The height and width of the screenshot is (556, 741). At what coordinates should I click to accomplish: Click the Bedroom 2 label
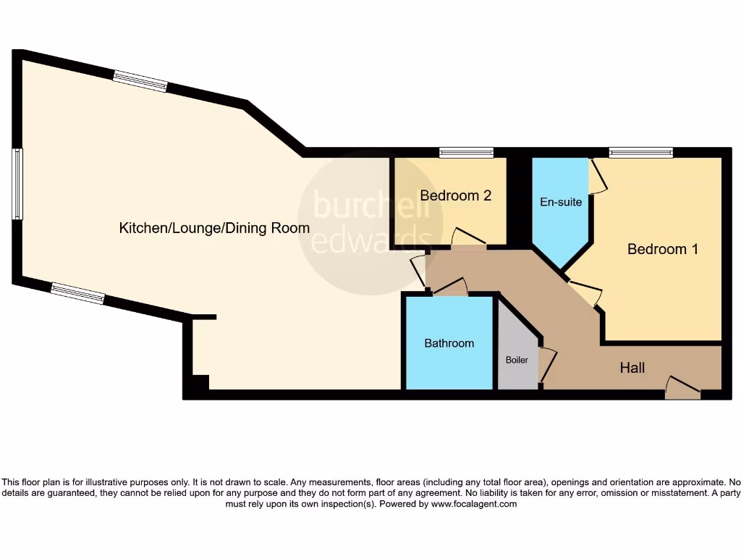tap(456, 195)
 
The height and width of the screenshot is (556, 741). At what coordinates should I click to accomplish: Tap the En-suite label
tap(561, 202)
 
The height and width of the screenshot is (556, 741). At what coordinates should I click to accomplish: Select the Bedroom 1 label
tap(662, 249)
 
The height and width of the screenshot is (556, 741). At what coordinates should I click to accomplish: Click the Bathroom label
tap(449, 343)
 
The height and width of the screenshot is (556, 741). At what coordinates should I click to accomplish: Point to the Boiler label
tap(517, 360)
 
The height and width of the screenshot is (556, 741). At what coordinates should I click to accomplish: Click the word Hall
tap(632, 368)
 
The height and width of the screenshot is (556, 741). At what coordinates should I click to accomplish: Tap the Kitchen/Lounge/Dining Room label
tap(214, 228)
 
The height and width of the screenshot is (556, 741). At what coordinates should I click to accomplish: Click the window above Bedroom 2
tap(466, 152)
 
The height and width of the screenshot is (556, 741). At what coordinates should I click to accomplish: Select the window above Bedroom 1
tap(640, 152)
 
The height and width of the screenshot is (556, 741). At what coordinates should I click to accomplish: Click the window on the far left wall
tap(17, 184)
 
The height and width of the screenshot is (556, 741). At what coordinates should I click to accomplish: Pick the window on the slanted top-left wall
tap(140, 80)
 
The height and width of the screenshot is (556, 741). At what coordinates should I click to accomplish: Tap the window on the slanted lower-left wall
tap(77, 293)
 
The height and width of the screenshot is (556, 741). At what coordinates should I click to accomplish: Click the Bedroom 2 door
tap(468, 238)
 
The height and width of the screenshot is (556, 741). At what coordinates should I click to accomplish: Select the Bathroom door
tap(450, 287)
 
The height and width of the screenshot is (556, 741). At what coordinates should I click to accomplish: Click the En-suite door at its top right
tap(598, 177)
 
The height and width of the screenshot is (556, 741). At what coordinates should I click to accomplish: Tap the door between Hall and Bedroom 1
tap(585, 291)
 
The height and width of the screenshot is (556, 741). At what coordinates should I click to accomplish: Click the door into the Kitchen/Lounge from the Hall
tap(418, 270)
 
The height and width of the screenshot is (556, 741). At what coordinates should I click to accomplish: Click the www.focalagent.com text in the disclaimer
tap(474, 504)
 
